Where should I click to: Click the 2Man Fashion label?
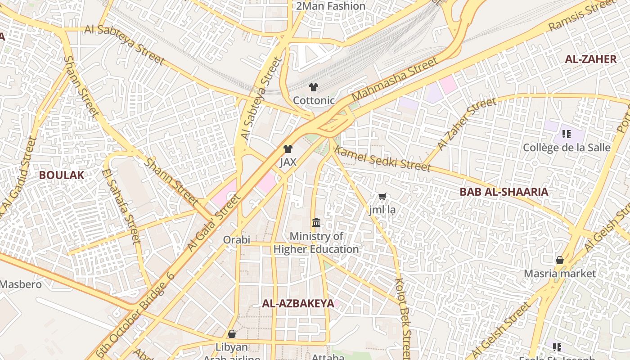click(331, 6)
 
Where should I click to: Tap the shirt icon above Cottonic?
click(314, 87)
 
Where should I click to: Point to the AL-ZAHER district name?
click(590, 59)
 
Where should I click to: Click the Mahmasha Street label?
click(394, 79)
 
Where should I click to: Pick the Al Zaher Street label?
click(466, 124)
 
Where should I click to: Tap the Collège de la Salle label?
click(567, 148)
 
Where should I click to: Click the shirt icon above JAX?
click(288, 149)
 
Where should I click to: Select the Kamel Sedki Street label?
click(383, 159)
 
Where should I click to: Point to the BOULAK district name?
click(61, 175)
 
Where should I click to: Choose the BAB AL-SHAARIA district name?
click(504, 192)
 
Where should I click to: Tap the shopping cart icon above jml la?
click(382, 196)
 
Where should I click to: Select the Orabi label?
click(237, 240)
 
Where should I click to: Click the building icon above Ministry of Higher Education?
click(316, 223)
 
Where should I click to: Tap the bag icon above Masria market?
click(560, 260)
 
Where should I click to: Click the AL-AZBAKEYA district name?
click(298, 303)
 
